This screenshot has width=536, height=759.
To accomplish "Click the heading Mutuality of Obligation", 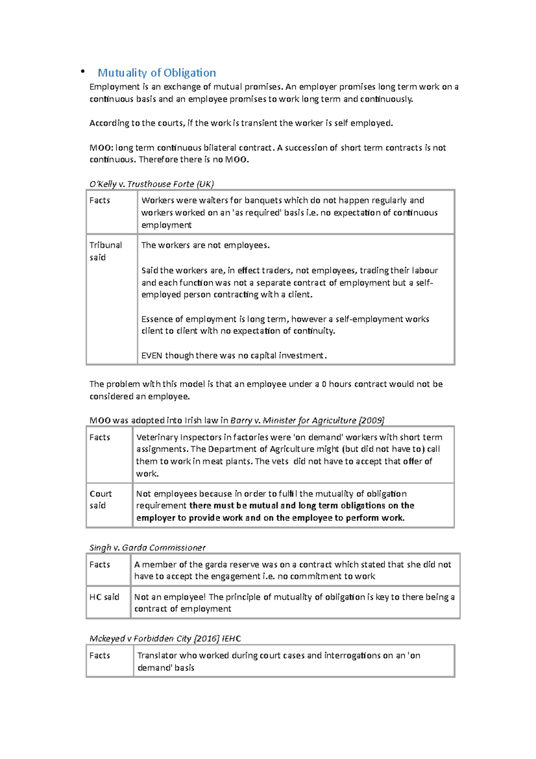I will tap(157, 73).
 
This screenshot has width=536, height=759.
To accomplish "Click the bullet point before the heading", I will tap(82, 72).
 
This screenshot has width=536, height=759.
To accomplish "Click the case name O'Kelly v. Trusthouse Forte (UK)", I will tap(151, 184).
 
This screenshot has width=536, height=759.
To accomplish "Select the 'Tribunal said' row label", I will tap(105, 251).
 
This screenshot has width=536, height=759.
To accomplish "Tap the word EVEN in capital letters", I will tap(151, 355).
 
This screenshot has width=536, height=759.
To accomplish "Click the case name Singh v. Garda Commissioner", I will tap(147, 548).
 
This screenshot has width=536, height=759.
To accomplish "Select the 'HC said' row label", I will tap(104, 597).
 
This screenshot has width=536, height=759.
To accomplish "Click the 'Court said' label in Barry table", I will tap(100, 499).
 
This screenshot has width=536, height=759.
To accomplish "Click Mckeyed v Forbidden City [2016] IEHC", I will tap(165, 638).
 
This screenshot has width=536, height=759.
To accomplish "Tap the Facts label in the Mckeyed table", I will tap(100, 655).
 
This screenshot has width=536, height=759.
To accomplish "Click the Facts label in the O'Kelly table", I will tap(100, 200).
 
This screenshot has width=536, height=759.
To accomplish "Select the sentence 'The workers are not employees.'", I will tap(205, 245).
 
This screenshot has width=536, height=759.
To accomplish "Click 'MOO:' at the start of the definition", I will tap(101, 148).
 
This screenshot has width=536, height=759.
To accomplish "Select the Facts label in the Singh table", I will tap(100, 564).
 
